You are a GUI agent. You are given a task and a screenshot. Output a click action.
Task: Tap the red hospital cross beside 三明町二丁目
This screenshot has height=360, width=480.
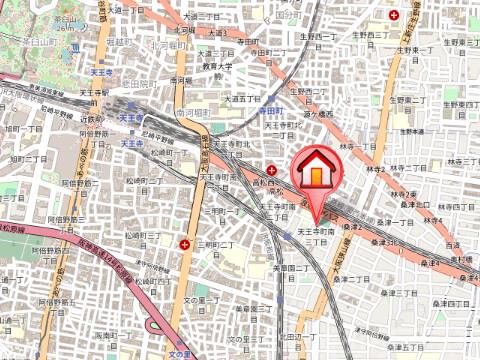pyautogui.click(x=184, y=243)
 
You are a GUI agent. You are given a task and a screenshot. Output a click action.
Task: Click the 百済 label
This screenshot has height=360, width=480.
pyautogui.click(x=452, y=244)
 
